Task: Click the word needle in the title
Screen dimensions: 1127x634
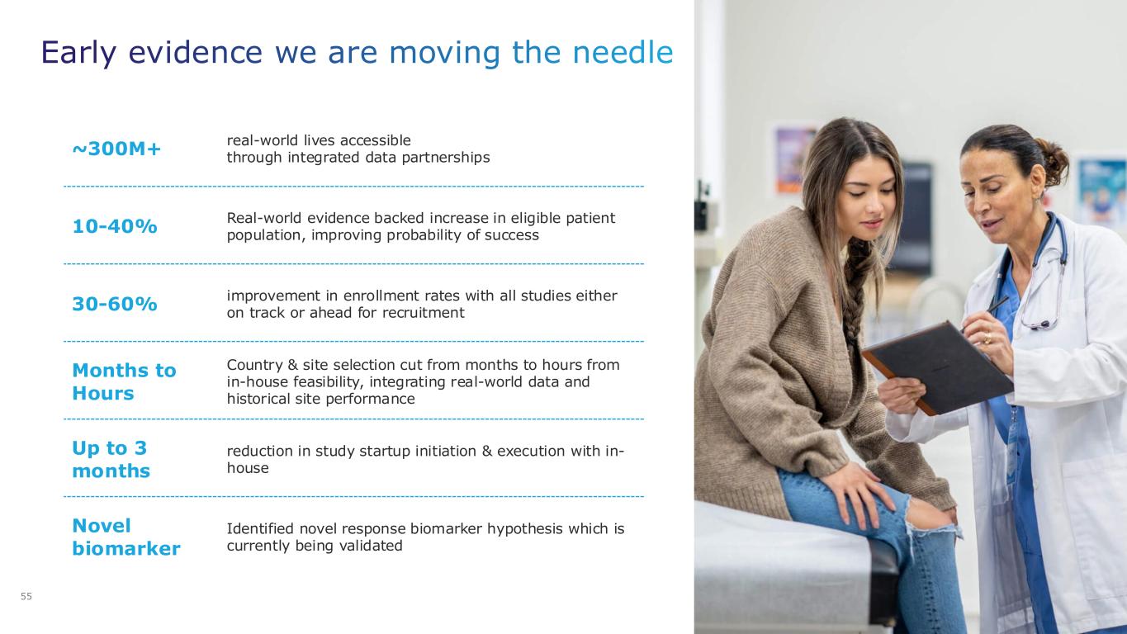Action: tap(623, 52)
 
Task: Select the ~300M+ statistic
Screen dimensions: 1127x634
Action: tap(116, 149)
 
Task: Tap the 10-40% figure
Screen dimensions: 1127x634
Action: tap(115, 226)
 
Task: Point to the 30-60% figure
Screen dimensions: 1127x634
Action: tap(115, 304)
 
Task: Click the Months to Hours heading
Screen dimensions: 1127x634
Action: tap(125, 382)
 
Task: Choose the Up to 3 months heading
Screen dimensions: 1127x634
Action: tap(111, 459)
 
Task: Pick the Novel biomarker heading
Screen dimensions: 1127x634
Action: tap(126, 537)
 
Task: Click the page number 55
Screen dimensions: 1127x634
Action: tap(26, 596)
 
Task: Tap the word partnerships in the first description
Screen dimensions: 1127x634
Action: tap(445, 158)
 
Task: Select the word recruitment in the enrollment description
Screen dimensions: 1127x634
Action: tap(423, 313)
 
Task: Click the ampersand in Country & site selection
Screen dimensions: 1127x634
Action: tap(292, 365)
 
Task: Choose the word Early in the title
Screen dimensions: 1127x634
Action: tap(78, 52)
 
